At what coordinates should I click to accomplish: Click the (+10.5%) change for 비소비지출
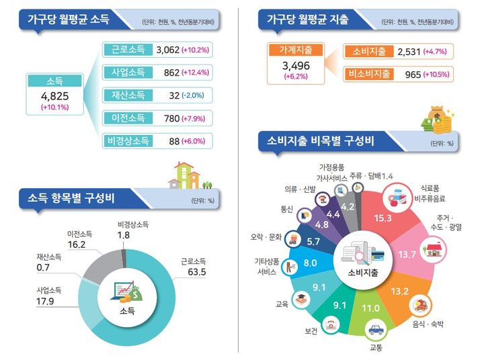[x=436, y=74]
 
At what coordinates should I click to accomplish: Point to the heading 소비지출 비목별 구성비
[x=320, y=142]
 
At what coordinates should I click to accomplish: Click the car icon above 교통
[x=375, y=330]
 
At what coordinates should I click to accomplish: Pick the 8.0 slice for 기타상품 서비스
[x=310, y=263]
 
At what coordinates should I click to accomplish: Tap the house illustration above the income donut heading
[x=186, y=176]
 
